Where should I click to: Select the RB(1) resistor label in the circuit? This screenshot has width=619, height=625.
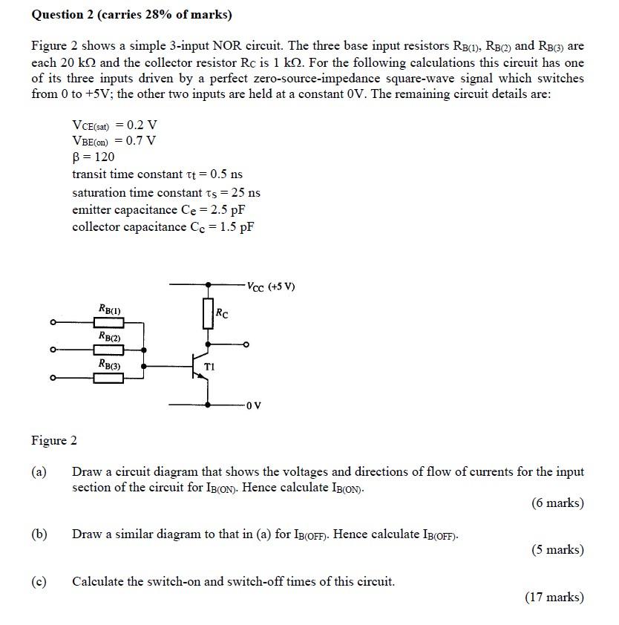coord(109,308)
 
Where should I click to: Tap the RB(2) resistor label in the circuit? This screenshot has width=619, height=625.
coord(109,336)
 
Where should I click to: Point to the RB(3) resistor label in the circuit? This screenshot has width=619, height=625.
coord(109,364)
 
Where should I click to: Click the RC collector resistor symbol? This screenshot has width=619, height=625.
coord(209,314)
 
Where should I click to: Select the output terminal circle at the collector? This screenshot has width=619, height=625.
coord(246,344)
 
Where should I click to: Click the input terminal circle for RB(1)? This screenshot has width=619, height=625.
coord(53,322)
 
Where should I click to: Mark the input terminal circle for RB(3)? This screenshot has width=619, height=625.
coord(53,379)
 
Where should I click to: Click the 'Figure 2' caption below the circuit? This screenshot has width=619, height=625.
coord(53,441)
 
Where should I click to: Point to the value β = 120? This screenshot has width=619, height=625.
coord(94,157)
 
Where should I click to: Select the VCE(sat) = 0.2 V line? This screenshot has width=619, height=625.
coord(114,124)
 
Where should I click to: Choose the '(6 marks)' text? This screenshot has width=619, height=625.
coord(557,503)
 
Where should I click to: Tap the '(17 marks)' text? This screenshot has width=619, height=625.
coord(554,597)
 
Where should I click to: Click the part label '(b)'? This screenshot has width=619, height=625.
coord(39,534)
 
